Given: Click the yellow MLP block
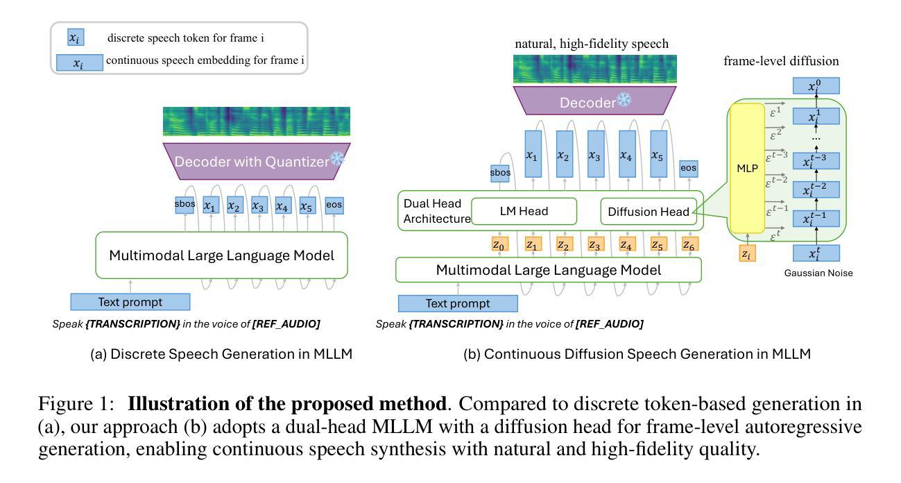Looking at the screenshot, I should pos(747,168).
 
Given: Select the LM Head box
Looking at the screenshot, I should pos(524,211).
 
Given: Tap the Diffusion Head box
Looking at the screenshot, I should pos(648,212).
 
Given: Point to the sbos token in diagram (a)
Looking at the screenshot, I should pos(185,205).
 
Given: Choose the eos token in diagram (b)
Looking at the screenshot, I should pos(688,168).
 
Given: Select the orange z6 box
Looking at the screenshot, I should pos(689,244).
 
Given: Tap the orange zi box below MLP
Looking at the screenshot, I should pos(746,254).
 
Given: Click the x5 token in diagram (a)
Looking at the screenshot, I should pos(307,206).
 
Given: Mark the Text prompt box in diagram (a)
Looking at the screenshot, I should pos(130,302).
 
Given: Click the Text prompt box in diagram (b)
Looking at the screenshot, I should pos(457,303).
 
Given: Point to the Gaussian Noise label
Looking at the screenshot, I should pos(818,273).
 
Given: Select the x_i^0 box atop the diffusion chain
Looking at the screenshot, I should pos(816,85).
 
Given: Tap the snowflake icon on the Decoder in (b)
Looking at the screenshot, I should pos(624,101).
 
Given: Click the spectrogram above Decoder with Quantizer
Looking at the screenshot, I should pos(256,121).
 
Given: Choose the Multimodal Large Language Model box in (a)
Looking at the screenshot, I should pos(221,255).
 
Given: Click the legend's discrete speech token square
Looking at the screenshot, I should pos(75,39).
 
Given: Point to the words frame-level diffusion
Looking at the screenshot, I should pos(781,61).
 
